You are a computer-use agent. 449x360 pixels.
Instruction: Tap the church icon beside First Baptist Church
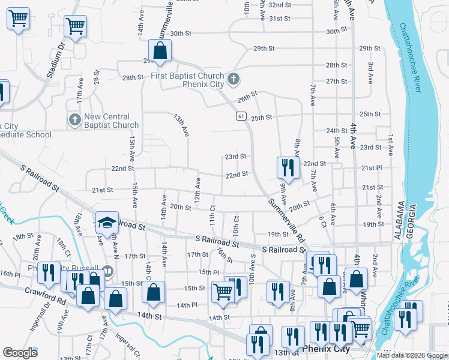point(234,79)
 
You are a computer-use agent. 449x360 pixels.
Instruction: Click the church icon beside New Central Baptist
point(74,120)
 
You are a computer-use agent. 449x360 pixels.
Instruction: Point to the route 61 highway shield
point(241,115)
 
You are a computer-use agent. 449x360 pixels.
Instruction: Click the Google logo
point(20,353)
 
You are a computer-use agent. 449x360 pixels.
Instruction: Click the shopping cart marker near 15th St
point(223,291)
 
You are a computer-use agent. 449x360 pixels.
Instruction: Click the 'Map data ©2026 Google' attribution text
point(412,355)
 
